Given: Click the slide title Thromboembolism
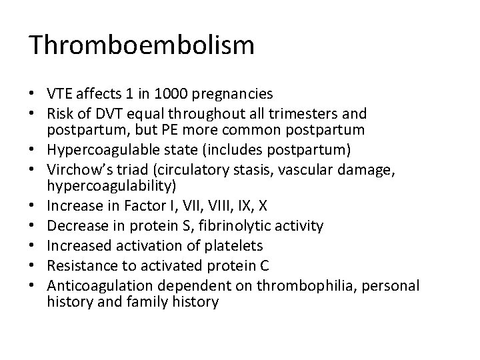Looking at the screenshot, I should pyautogui.click(x=141, y=45).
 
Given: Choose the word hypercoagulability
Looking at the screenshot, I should pyautogui.click(x=108, y=187).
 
